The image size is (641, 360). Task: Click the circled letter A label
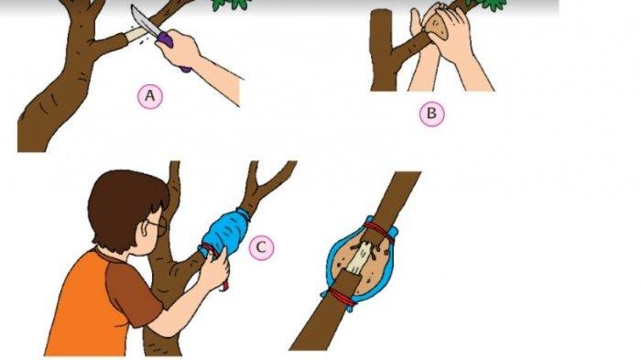pyautogui.click(x=150, y=96)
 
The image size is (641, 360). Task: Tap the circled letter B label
pyautogui.click(x=431, y=113)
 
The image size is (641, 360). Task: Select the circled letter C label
pyautogui.click(x=262, y=247)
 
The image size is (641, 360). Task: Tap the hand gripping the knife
pyautogui.click(x=179, y=49)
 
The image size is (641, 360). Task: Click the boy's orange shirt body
pyautogui.click(x=81, y=311)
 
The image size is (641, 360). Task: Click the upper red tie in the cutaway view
pyautogui.click(x=381, y=232)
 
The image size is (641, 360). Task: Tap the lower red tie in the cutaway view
pyautogui.click(x=340, y=296)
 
